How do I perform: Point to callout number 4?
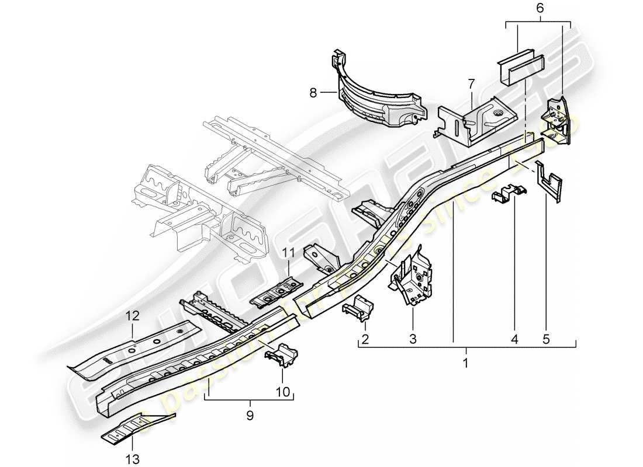(514, 339)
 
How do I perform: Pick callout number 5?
(545, 339)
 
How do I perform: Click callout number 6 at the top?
(539, 8)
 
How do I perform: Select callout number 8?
(313, 92)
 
